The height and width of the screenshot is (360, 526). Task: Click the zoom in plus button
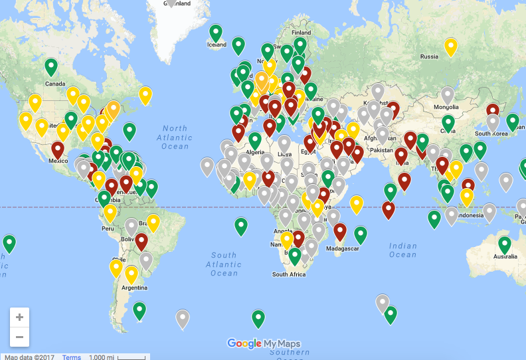[x=19, y=317]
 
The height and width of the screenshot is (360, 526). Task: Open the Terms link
[x=72, y=357]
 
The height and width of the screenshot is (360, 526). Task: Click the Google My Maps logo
[x=264, y=343]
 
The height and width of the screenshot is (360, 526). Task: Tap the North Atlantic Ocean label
[x=175, y=137]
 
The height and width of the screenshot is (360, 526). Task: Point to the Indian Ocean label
[x=402, y=250]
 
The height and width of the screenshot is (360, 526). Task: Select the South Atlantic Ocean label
[x=224, y=264]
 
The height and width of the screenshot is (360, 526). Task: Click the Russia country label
[x=429, y=56]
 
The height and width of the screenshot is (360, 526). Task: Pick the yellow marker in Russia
[x=451, y=46]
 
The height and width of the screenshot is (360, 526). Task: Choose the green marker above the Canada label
[x=51, y=66]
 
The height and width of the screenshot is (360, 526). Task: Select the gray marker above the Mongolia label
[x=448, y=95]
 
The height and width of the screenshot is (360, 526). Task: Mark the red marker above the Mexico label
[x=58, y=149]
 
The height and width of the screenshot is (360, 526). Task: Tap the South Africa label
[x=289, y=274]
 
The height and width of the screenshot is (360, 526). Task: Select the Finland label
[x=301, y=32]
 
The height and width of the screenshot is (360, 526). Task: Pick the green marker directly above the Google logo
[x=258, y=319]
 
